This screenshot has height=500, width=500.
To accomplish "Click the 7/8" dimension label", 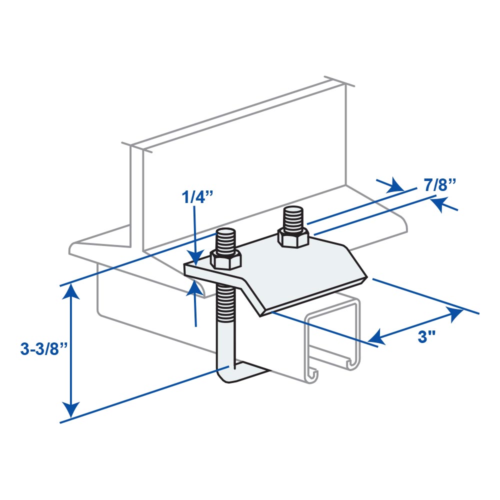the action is tap(439, 185).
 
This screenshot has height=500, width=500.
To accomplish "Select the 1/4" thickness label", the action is tap(197, 197).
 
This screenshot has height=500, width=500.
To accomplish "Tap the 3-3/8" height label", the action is tap(44, 349).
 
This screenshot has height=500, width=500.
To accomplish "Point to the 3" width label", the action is tap(426, 336).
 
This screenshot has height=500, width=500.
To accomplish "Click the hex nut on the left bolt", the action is tap(225, 258).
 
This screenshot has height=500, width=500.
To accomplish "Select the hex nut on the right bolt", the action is tap(293, 237).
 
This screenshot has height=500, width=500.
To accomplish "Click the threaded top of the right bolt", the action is tap(292, 218).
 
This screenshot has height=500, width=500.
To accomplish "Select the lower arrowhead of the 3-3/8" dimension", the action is tap(71, 409).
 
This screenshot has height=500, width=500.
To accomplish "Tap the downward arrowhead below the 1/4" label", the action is tap(196, 257).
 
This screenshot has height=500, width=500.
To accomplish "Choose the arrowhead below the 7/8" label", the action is tap(439, 204).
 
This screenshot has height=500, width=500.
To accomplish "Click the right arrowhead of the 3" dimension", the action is tap(454, 314).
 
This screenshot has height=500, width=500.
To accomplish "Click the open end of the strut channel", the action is tap(333, 340).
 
